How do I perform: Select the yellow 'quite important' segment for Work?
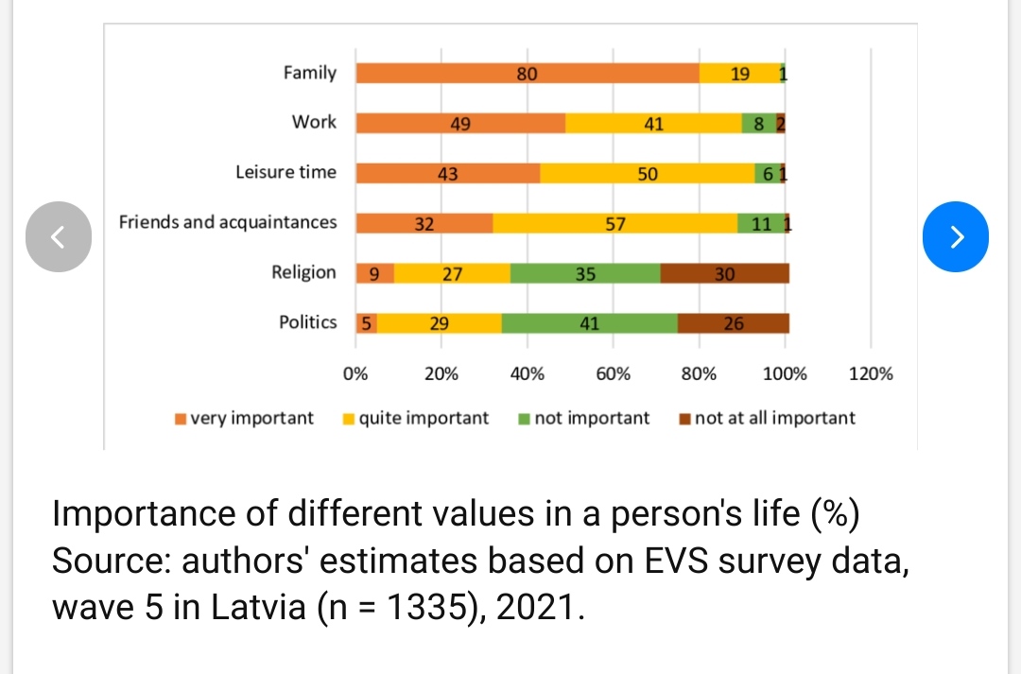653,123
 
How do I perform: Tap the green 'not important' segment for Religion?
585,273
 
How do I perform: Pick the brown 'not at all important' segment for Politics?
734,323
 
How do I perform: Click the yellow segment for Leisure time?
648,173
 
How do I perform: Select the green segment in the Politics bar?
589,323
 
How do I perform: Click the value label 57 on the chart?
614,224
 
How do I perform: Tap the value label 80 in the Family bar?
528,74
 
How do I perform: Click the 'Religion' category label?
303,272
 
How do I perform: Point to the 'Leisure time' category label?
286,172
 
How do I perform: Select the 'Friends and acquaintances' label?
227,222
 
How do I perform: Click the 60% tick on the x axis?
613,373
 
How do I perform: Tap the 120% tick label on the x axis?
871,373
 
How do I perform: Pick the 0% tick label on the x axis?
355,373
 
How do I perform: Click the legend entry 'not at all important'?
773,418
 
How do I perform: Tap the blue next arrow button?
956,235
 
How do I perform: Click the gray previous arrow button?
58,235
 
